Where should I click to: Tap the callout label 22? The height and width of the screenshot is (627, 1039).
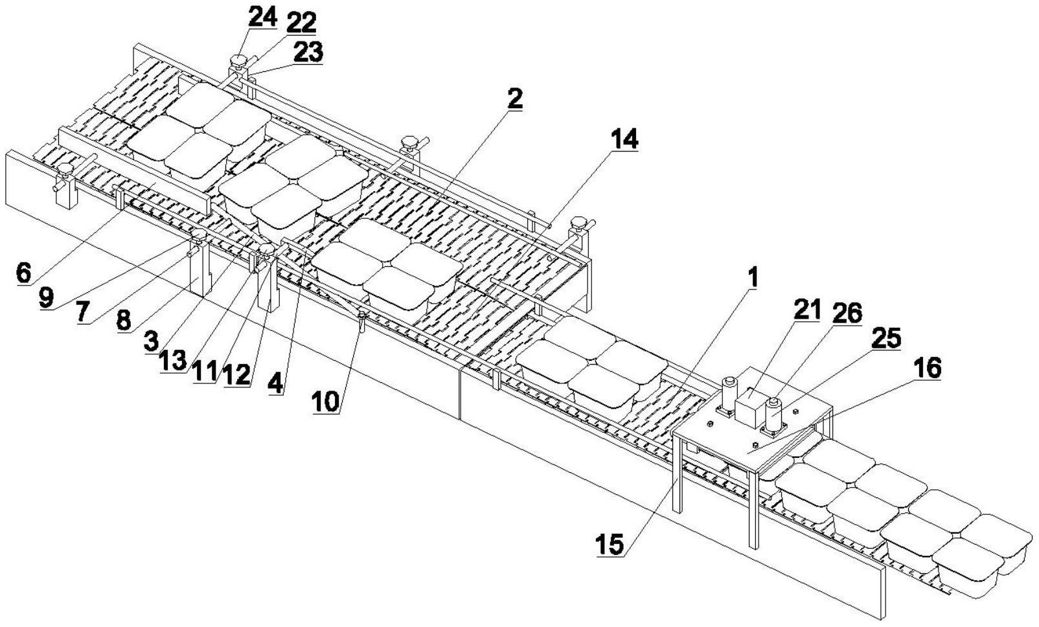tap(301, 23)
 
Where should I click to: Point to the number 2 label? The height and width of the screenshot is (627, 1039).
tap(514, 99)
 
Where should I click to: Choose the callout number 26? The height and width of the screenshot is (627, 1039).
tap(848, 313)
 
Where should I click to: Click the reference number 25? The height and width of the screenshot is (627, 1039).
tap(886, 338)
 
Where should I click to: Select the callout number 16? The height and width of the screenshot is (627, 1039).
tap(927, 369)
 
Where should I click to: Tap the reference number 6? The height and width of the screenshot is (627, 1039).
tap(23, 273)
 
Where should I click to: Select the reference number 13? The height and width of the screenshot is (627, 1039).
tap(173, 361)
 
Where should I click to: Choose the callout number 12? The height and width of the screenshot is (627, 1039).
tap(236, 376)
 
